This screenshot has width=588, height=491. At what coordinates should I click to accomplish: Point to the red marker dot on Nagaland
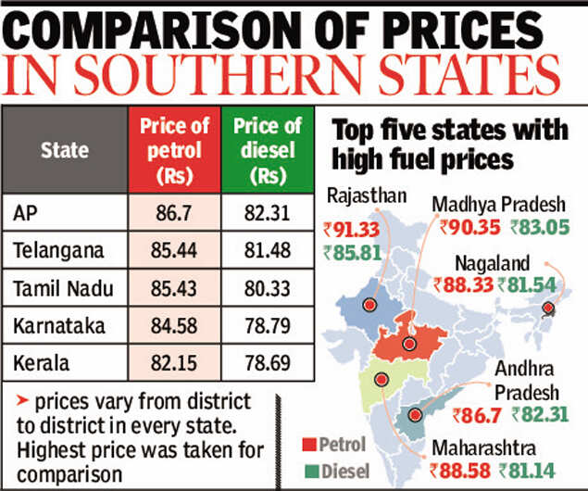click(x=548, y=308)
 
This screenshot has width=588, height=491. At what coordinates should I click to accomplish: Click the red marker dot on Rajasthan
click(x=372, y=305)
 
